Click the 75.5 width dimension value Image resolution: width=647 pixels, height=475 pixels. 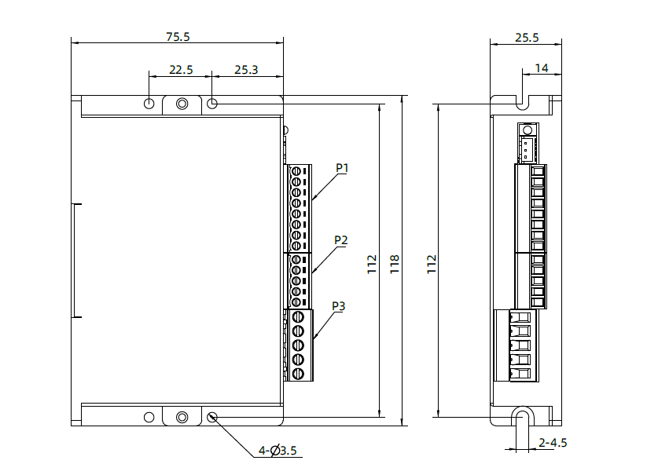coord(178,36)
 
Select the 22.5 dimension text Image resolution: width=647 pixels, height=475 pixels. coord(181,70)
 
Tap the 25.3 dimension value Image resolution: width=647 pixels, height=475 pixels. coord(246,70)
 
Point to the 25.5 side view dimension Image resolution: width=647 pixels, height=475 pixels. coord(527,36)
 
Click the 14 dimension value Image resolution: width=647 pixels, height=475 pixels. coord(542,68)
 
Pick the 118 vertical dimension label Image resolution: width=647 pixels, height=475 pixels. coord(395,263)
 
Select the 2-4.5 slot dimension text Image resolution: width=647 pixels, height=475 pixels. coord(553,442)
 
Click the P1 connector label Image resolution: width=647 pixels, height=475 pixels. coord(342,167)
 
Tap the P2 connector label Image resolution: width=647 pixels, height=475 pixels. coord(341,239)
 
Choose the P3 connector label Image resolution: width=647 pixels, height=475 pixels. coord(339,305)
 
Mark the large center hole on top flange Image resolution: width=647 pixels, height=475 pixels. coord(182,104)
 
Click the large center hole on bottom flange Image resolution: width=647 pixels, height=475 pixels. coord(182,417)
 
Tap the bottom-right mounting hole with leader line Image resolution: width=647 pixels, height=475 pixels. coord(213,417)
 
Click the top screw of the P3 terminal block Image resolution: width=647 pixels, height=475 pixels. coord(298,317)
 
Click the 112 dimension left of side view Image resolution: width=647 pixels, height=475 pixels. coord(431,263)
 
